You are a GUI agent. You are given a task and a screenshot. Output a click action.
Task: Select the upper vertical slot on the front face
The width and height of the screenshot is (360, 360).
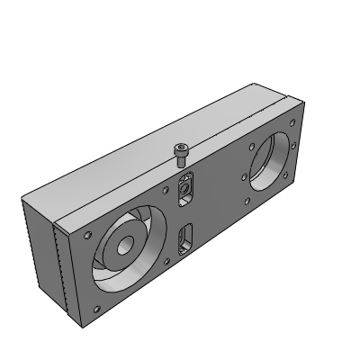pos(186,189)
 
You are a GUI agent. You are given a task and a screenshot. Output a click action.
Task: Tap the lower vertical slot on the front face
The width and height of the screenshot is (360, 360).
pos(185,240)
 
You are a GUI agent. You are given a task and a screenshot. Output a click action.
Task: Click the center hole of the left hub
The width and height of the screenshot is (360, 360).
pos(121,249)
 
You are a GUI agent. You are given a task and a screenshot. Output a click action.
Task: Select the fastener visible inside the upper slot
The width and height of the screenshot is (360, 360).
pos(186,191)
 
